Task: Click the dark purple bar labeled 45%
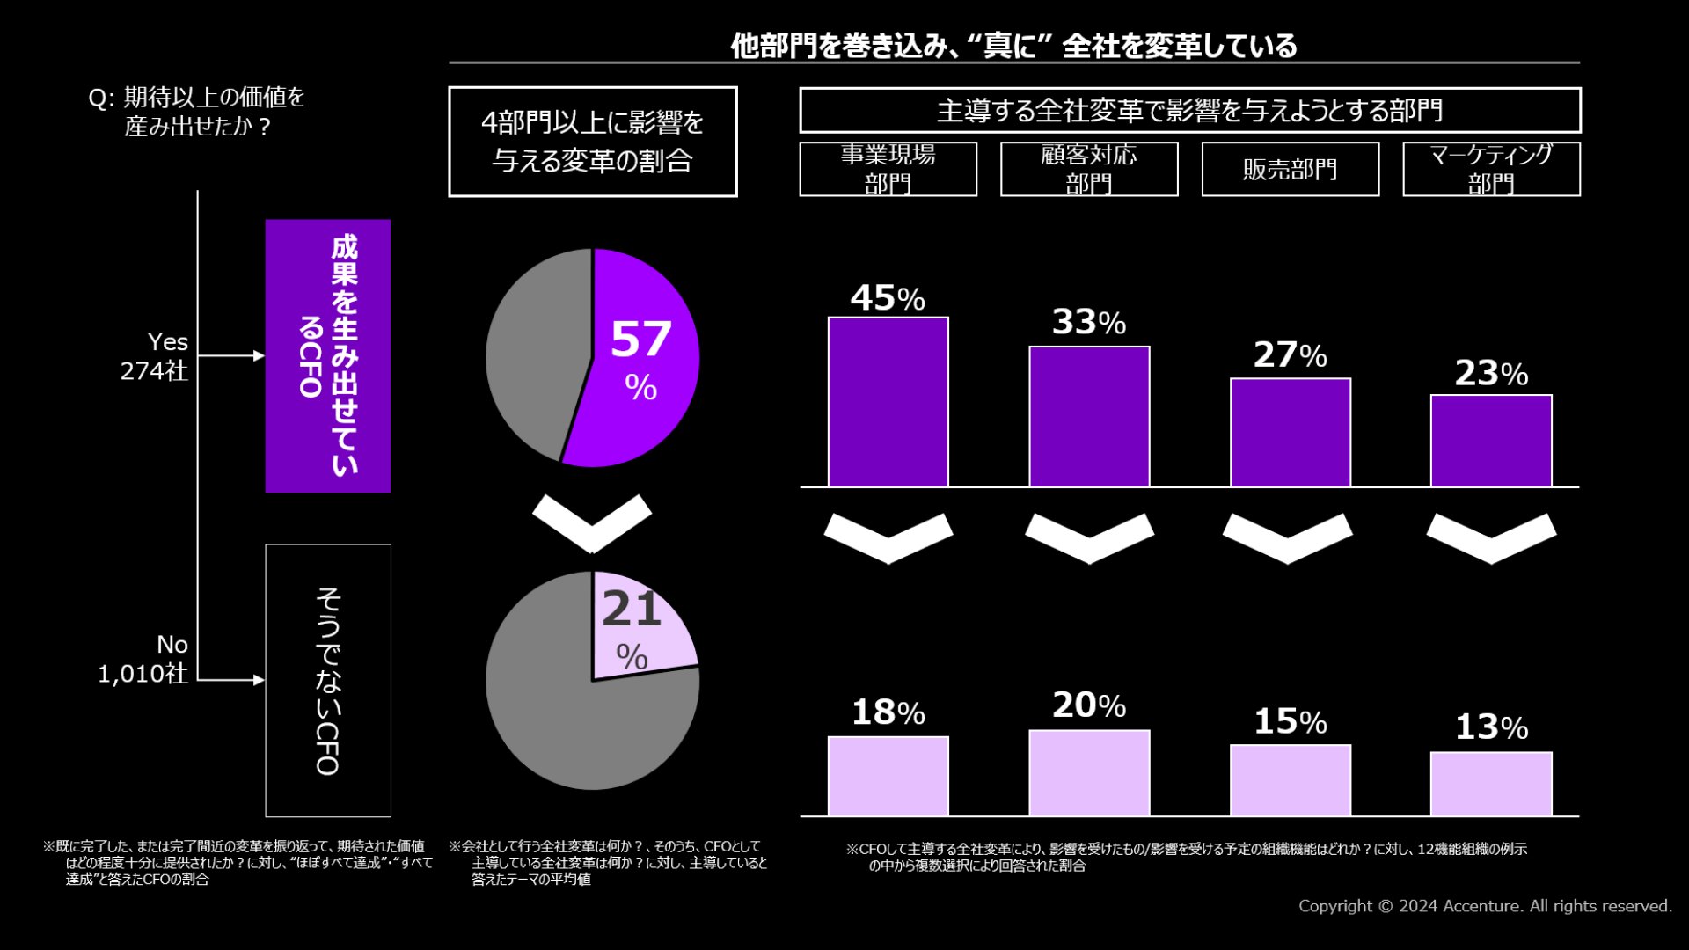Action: click(x=888, y=402)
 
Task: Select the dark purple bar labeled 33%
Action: click(x=1089, y=417)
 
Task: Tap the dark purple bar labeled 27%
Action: click(x=1290, y=433)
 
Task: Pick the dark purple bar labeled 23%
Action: click(x=1491, y=441)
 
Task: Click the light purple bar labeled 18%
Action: click(x=888, y=776)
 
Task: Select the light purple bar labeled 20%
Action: click(x=1089, y=773)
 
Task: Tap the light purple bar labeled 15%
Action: click(x=1290, y=780)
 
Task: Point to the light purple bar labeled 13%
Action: click(x=1491, y=784)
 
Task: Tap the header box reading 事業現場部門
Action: click(x=888, y=169)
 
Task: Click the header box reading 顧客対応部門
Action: click(x=1089, y=169)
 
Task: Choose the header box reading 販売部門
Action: click(x=1290, y=169)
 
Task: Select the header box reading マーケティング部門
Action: click(x=1491, y=169)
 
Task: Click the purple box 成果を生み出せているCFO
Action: click(x=327, y=355)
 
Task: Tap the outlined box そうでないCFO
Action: click(x=327, y=680)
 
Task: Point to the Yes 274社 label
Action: click(x=156, y=356)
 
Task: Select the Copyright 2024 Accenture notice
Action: click(x=1485, y=906)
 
